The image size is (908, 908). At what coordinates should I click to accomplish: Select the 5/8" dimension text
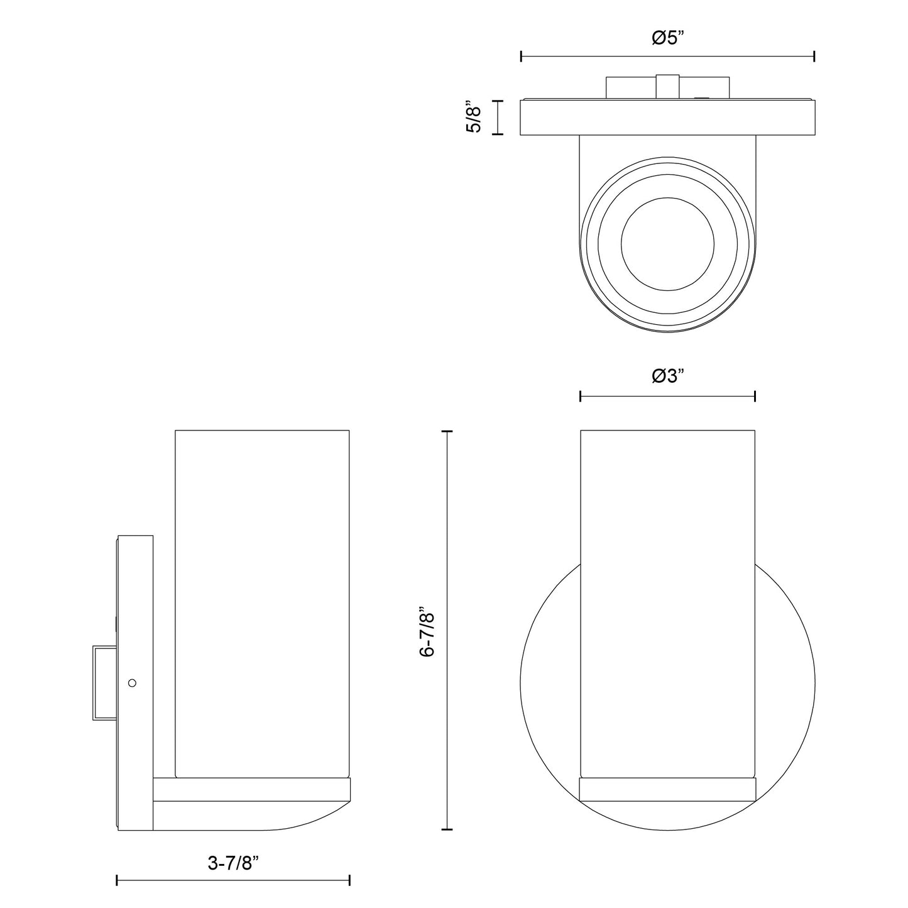474,117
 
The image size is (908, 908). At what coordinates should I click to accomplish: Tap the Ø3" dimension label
668,376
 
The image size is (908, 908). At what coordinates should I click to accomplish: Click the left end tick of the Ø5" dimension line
521,57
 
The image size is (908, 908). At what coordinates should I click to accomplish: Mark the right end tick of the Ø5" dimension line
814,57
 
